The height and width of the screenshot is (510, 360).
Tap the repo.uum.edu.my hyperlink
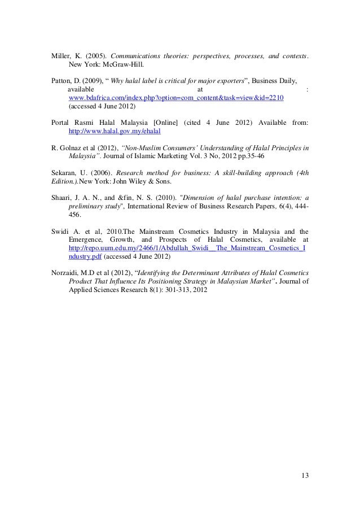(187, 247)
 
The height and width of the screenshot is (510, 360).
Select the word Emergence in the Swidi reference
(87, 239)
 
